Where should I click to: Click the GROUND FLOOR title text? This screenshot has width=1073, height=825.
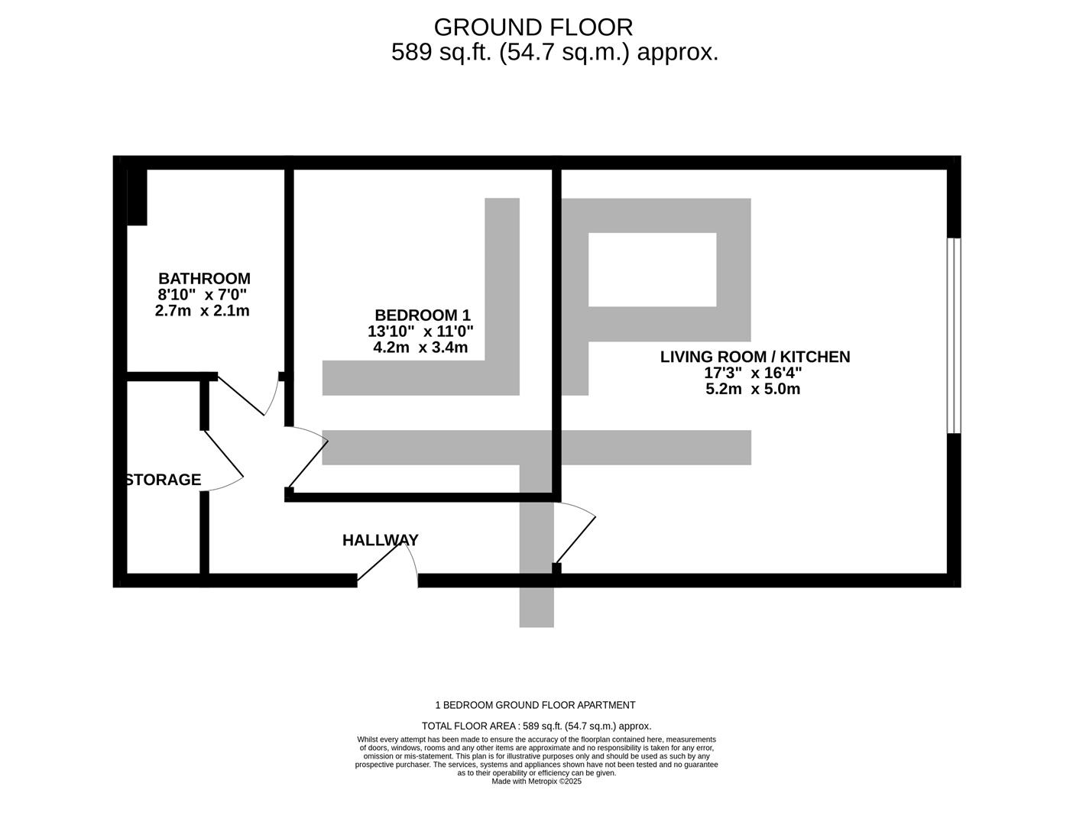coord(533,27)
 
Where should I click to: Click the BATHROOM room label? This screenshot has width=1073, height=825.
coord(204,279)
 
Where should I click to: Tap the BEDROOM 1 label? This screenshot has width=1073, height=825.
coord(423,315)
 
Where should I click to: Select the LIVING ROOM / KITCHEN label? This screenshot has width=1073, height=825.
coord(754,357)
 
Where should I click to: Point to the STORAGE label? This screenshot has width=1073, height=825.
coord(164,480)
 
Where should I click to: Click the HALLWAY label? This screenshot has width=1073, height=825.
coord(380,540)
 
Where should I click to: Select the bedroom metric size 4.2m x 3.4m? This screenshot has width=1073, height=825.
coord(420,348)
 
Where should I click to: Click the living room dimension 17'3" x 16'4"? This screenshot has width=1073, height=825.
coord(753,373)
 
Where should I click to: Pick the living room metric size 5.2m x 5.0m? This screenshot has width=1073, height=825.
coord(753,389)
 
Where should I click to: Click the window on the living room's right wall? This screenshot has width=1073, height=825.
coord(953,335)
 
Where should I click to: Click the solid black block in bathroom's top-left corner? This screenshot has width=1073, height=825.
coord(137,196)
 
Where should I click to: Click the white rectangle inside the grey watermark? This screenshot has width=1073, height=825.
coord(652,269)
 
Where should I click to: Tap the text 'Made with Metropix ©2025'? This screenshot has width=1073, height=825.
coord(536,781)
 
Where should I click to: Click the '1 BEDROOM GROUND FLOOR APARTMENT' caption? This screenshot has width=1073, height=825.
coord(535,705)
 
